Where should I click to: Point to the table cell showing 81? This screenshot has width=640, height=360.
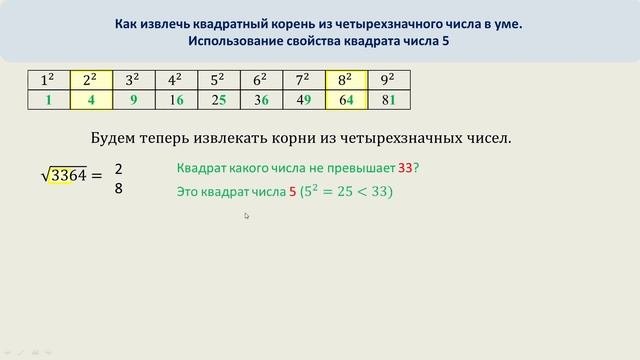click(389, 100)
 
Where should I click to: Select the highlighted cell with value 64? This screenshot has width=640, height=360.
click(346, 100)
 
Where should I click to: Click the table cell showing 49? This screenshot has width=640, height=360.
click(303, 100)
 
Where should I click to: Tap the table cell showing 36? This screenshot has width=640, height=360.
click(261, 100)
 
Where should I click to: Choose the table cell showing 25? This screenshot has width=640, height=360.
click(218, 100)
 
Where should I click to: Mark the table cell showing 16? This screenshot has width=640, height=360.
click(175, 100)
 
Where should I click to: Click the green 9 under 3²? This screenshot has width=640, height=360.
click(133, 100)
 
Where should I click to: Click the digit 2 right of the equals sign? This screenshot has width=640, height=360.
click(118, 169)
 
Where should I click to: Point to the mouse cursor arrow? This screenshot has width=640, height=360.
click(246, 215)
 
